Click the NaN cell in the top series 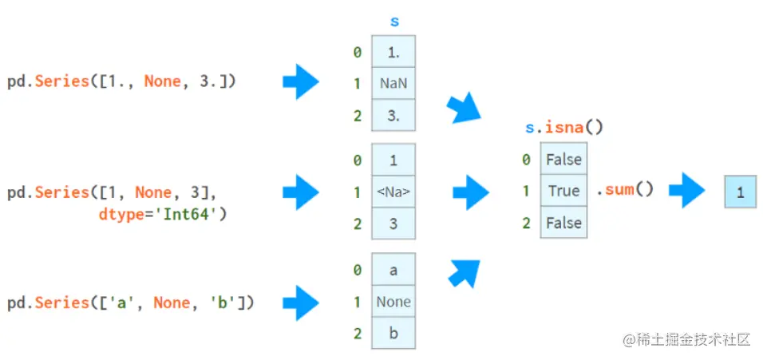pos(393,83)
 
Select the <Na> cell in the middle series pos(393,192)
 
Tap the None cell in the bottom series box pos(393,302)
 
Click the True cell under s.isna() pos(563,191)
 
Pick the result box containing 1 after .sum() pos(740,192)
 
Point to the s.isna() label pos(563,127)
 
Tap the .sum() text pos(625,190)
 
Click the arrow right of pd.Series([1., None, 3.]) pos(300,82)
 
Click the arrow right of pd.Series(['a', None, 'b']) pos(300,303)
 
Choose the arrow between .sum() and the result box pos(686,192)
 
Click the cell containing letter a pos(393,271)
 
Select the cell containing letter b pos(393,334)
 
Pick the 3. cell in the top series pos(393,115)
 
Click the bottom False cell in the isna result pos(563,223)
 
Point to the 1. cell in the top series pos(393,52)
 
